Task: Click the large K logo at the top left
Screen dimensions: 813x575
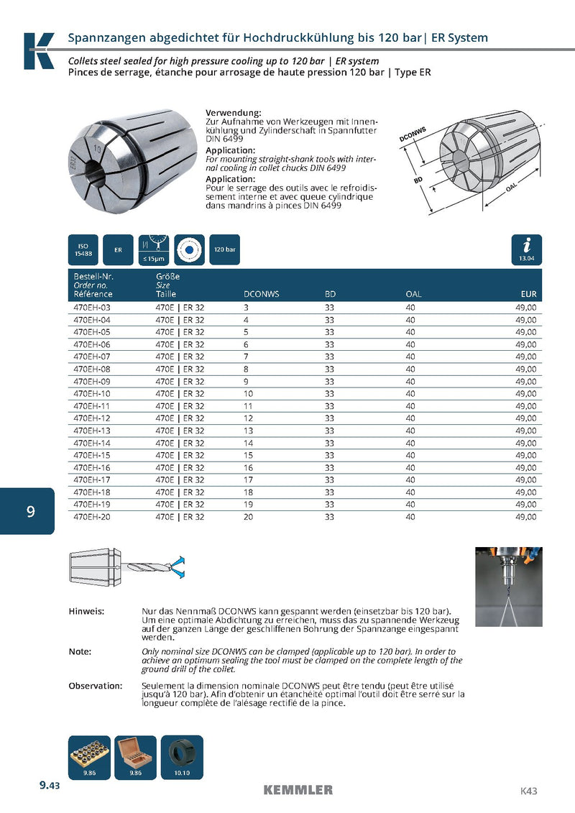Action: [x=38, y=50]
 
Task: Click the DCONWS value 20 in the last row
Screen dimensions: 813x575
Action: [x=249, y=516]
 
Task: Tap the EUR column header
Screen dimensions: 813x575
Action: [x=528, y=294]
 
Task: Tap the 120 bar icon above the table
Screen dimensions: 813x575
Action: [x=224, y=249]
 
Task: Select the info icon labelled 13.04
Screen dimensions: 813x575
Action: [x=526, y=249]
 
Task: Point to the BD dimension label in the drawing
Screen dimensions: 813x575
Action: [x=418, y=180]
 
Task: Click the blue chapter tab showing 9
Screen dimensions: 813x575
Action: [x=29, y=511]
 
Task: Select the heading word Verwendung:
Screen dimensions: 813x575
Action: [x=234, y=114]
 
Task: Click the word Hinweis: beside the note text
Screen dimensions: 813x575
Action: [x=87, y=611]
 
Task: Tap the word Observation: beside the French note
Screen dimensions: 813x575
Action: [x=95, y=686]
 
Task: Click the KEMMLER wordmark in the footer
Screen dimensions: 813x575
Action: [x=298, y=789]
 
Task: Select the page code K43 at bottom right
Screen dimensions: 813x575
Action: [x=529, y=791]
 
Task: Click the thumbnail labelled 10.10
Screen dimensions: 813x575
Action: [x=182, y=757]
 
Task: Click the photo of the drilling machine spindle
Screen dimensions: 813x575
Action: [x=508, y=586]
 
